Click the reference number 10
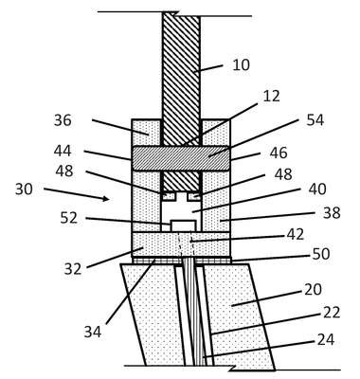pyautogui.click(x=241, y=65)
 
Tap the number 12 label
pyautogui.click(x=271, y=96)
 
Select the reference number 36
pyautogui.click(x=63, y=120)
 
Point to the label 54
pyautogui.click(x=315, y=120)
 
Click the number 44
pyautogui.click(x=63, y=151)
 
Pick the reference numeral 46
pyautogui.click(x=279, y=153)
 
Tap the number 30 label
pyautogui.click(x=24, y=189)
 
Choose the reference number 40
pyautogui.click(x=317, y=189)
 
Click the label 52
pyautogui.click(x=69, y=218)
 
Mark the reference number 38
pyautogui.click(x=332, y=213)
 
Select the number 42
pyautogui.click(x=296, y=234)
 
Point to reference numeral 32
pyautogui.click(x=73, y=269)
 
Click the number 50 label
pyautogui.click(x=321, y=254)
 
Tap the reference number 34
pyautogui.click(x=93, y=332)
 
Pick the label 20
pyautogui.click(x=313, y=289)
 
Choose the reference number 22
pyautogui.click(x=332, y=313)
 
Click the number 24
pyautogui.click(x=326, y=340)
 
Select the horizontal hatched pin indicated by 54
pyautogui.click(x=181, y=158)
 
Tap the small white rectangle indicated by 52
pyautogui.click(x=183, y=226)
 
